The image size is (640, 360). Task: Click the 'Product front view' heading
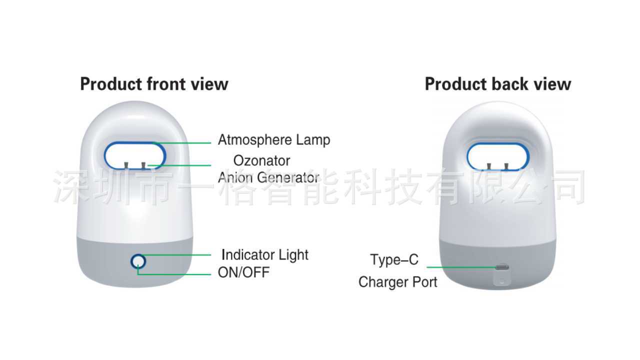tap(154, 84)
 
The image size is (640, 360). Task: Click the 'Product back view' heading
tap(497, 84)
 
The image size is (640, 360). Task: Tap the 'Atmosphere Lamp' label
tap(274, 140)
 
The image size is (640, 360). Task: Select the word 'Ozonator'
tap(261, 161)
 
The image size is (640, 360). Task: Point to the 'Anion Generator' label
tap(268, 177)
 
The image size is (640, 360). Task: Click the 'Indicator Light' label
tap(265, 255)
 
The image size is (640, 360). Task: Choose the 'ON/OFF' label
tap(243, 273)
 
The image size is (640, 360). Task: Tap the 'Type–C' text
tap(394, 260)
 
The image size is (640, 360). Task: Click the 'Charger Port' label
tap(397, 282)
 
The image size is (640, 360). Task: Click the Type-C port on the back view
tap(501, 267)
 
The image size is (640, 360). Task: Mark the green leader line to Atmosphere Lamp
tap(185, 143)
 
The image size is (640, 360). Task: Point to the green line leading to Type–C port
tap(460, 267)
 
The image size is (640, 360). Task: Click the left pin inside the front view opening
tap(127, 165)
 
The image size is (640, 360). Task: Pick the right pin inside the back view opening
tap(506, 166)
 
